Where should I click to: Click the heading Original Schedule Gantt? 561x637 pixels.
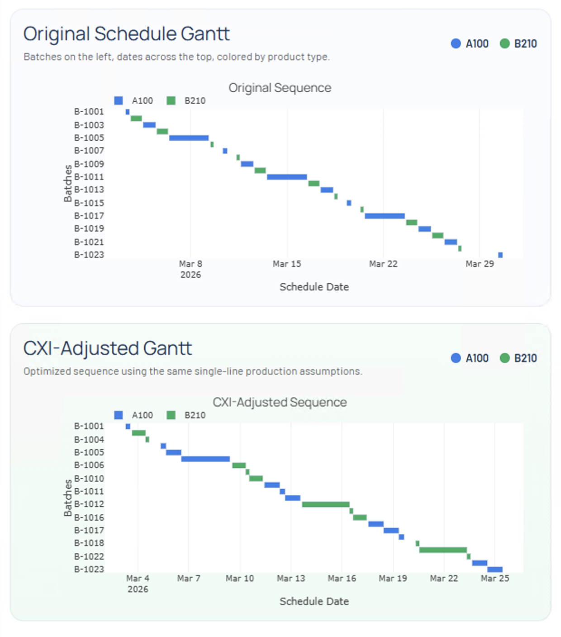[x=126, y=34]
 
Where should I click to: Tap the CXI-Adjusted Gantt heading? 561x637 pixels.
[x=107, y=348]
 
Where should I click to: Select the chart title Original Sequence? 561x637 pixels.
[x=280, y=88]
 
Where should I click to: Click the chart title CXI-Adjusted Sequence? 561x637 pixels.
[x=280, y=402]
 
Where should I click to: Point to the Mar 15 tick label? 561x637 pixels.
[x=286, y=264]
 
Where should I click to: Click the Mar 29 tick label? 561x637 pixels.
[x=480, y=264]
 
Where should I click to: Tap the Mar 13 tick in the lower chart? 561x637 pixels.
[x=290, y=578]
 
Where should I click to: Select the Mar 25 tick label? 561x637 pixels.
[x=494, y=578]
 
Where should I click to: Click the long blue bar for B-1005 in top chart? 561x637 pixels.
[x=189, y=138]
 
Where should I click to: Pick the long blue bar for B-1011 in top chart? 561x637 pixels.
[x=286, y=177]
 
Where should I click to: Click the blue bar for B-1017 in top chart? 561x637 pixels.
[x=385, y=216]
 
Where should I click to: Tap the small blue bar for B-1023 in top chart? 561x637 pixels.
[x=500, y=255]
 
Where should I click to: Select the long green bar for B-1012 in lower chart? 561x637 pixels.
[x=325, y=504]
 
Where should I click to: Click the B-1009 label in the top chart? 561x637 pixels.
[x=89, y=164]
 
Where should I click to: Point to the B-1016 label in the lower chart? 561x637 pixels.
[x=89, y=517]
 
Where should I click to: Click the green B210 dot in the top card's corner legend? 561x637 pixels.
[x=504, y=43]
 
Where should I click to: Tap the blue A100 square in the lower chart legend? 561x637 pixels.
[x=119, y=415]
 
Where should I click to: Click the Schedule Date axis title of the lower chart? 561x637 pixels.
[x=314, y=601]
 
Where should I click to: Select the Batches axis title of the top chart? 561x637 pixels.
[x=68, y=183]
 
